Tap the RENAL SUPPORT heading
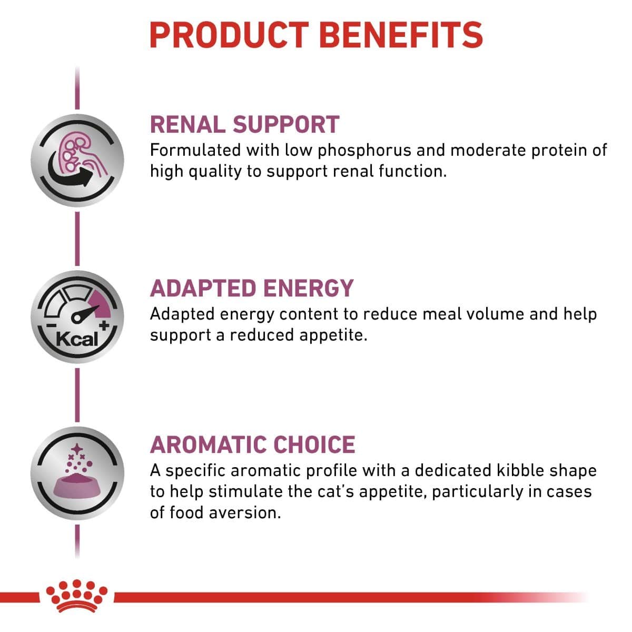(x=244, y=124)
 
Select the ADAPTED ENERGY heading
(x=252, y=288)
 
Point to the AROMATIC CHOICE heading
(x=252, y=445)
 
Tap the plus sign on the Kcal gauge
(x=104, y=325)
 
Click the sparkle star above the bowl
(x=77, y=449)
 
